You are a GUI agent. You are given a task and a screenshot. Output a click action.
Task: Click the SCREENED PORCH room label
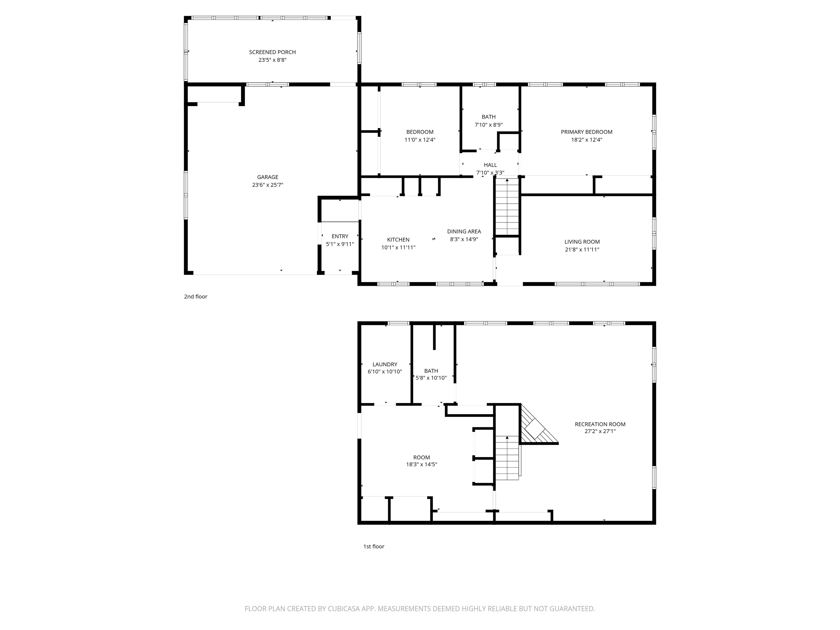coord(272,52)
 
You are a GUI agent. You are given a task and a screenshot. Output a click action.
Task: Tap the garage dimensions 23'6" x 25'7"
coord(268,185)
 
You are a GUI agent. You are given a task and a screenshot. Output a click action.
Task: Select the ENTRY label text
coord(340,236)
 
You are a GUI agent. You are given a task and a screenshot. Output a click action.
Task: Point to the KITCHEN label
coord(398,240)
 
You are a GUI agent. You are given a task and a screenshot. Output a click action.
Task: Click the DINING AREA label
coord(464,231)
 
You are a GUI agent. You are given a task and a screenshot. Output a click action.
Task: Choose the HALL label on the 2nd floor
coord(490,165)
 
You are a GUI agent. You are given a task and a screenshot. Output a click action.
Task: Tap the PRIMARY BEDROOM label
coord(587,132)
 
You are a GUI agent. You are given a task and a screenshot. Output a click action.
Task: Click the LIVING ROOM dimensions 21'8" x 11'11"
coord(582,249)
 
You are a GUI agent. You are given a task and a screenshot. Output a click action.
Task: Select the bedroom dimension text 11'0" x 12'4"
coord(420,139)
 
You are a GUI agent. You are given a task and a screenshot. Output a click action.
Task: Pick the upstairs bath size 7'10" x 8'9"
coord(489,125)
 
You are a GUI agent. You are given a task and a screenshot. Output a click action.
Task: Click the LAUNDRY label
coord(385,364)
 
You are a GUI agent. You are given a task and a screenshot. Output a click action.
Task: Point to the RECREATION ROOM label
coord(600,424)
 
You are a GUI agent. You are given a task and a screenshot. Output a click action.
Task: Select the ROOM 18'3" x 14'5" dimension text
coord(422,464)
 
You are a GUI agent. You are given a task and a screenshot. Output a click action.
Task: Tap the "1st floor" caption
coord(374,546)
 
